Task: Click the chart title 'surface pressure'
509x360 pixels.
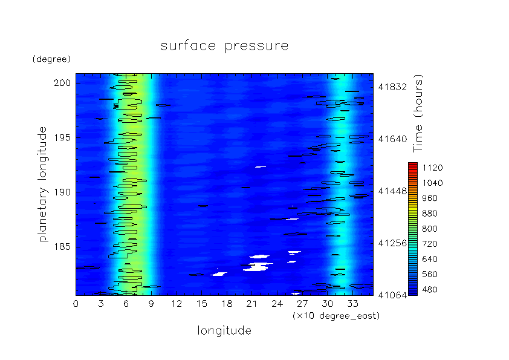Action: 224,46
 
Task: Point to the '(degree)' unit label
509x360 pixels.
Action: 51,59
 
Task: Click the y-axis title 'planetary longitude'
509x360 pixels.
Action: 43,184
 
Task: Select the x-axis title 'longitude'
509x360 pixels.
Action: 224,331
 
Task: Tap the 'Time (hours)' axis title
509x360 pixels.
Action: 418,113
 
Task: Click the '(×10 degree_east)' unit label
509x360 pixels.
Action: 336,316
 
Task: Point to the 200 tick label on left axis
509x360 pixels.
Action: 62,83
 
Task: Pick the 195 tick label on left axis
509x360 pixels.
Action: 62,138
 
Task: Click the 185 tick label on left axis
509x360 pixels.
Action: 62,247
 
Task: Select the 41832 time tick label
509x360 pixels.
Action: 392,87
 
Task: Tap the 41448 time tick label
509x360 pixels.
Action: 392,191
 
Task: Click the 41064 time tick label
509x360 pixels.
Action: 392,295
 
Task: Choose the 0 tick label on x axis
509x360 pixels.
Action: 76,304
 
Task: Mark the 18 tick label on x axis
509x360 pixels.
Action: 227,304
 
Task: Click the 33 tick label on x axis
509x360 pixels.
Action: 353,304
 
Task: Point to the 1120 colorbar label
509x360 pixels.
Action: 432,168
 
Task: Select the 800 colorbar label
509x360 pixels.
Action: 430,229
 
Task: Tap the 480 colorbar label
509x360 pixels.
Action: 430,289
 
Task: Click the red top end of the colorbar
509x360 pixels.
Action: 413,163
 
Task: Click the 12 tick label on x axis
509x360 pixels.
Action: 177,304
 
